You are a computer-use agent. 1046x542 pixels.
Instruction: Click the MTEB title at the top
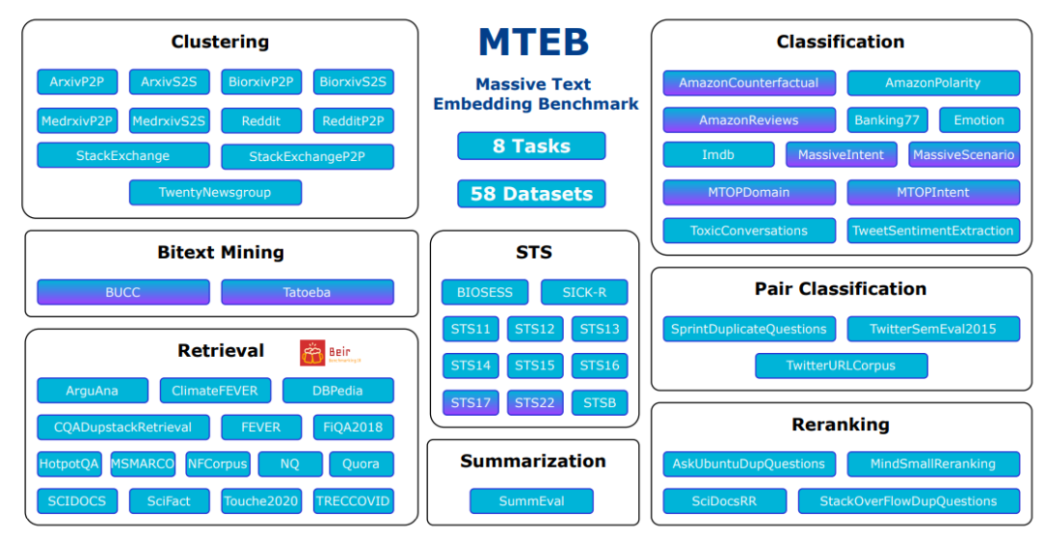(x=533, y=44)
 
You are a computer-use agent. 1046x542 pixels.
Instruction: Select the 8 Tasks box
(x=531, y=146)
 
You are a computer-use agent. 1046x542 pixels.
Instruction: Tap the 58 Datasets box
(x=531, y=194)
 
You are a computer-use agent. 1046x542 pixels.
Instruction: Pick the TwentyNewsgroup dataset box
(x=215, y=193)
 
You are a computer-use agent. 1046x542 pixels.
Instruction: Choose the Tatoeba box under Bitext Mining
(x=307, y=292)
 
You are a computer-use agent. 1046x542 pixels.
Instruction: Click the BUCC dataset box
(x=123, y=292)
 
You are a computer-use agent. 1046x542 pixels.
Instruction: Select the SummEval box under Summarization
(x=531, y=501)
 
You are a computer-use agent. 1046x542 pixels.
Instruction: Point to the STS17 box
(x=471, y=403)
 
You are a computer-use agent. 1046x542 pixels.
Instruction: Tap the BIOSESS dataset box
(x=484, y=292)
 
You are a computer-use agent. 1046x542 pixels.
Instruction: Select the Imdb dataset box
(x=719, y=155)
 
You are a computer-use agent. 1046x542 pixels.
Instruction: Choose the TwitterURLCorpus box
(x=841, y=367)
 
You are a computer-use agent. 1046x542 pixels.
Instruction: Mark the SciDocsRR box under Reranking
(x=723, y=501)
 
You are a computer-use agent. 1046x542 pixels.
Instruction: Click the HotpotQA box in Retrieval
(x=70, y=464)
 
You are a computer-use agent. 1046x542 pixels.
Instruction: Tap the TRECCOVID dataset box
(x=354, y=501)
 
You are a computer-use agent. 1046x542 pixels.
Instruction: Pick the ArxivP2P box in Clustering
(x=77, y=82)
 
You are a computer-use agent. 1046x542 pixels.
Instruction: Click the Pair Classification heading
(x=840, y=289)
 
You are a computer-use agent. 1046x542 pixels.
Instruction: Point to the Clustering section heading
(x=220, y=42)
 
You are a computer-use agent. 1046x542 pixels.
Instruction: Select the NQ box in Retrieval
(x=290, y=464)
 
